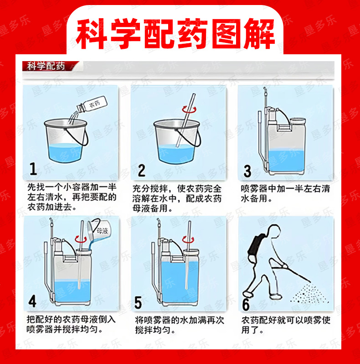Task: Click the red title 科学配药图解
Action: (175, 34)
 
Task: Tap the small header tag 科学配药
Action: (46, 66)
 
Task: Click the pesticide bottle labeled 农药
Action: (92, 104)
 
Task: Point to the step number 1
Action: (33, 168)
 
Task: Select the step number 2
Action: (142, 170)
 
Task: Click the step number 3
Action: (247, 171)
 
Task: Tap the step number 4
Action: (32, 301)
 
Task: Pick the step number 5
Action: (138, 302)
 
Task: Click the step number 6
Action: (246, 304)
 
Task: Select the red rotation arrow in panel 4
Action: (81, 239)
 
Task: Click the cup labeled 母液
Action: (100, 230)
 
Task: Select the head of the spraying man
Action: (274, 231)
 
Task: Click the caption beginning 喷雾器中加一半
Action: (285, 193)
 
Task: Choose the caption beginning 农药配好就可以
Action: (286, 325)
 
